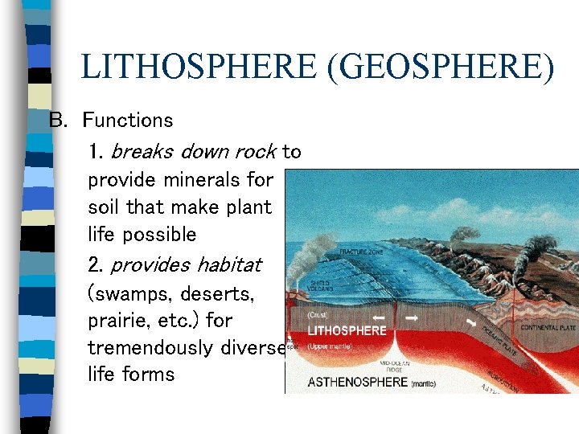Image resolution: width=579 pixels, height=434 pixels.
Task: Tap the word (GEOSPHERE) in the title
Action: pyautogui.click(x=439, y=67)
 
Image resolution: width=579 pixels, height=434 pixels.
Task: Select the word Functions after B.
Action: pyautogui.click(x=128, y=121)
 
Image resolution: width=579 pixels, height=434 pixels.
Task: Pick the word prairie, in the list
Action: pyautogui.click(x=120, y=321)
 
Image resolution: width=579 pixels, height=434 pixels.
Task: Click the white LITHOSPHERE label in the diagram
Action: pyautogui.click(x=347, y=330)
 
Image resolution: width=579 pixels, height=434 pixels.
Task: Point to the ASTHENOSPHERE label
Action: pyautogui.click(x=358, y=382)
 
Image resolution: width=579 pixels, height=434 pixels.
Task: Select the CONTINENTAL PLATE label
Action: pyautogui.click(x=550, y=328)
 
